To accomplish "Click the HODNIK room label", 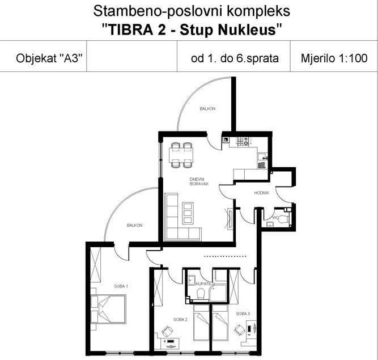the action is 262,193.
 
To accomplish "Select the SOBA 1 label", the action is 121,286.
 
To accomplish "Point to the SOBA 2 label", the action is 180,320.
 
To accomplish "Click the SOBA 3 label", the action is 243,314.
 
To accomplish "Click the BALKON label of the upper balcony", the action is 207,109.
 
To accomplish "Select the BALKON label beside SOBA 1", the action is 134,226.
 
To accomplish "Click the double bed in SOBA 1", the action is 108,309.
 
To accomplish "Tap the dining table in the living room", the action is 181,154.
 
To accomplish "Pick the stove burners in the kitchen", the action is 243,141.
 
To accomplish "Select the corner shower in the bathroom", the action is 218,293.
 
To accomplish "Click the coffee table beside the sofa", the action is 188,213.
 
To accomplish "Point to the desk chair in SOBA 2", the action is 167,331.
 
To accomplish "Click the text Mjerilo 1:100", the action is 334,58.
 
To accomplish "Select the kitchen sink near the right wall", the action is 262,156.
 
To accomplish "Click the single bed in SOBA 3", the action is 220,323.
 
